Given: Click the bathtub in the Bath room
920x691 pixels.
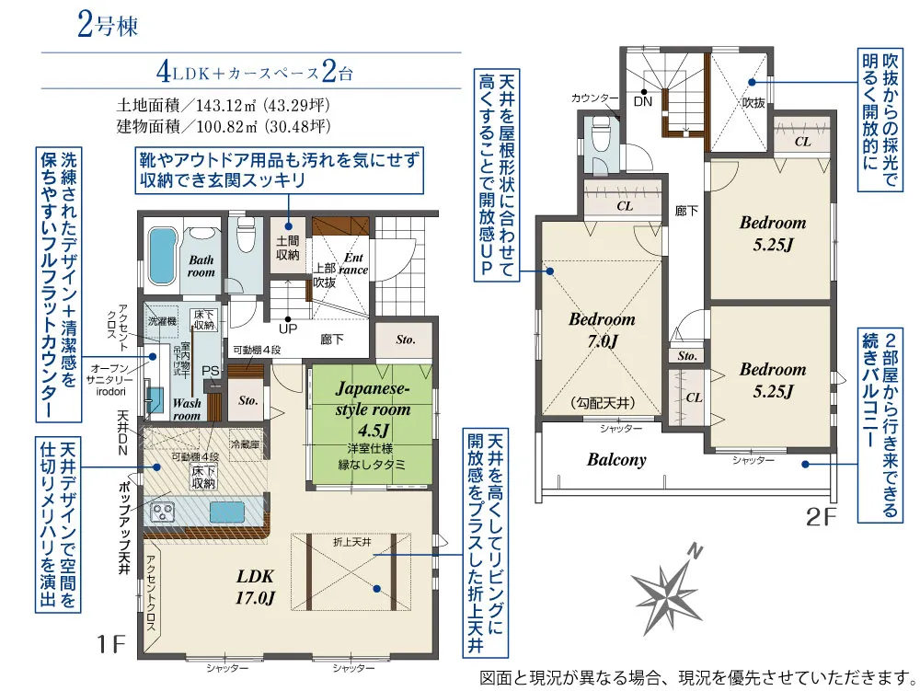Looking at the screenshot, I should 161,258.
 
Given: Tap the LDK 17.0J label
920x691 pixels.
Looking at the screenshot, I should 256,587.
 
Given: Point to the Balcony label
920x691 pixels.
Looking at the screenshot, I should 616,459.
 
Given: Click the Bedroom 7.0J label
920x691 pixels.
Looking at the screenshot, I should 602,330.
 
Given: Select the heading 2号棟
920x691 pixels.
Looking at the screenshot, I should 108,26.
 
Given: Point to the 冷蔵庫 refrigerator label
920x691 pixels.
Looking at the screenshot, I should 245,444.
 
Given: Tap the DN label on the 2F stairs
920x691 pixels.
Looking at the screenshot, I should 643,101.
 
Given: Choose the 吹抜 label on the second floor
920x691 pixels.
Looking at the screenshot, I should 753,103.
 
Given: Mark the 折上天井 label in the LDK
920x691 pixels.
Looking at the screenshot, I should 351,543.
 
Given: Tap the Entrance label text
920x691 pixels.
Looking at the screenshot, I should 353,264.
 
